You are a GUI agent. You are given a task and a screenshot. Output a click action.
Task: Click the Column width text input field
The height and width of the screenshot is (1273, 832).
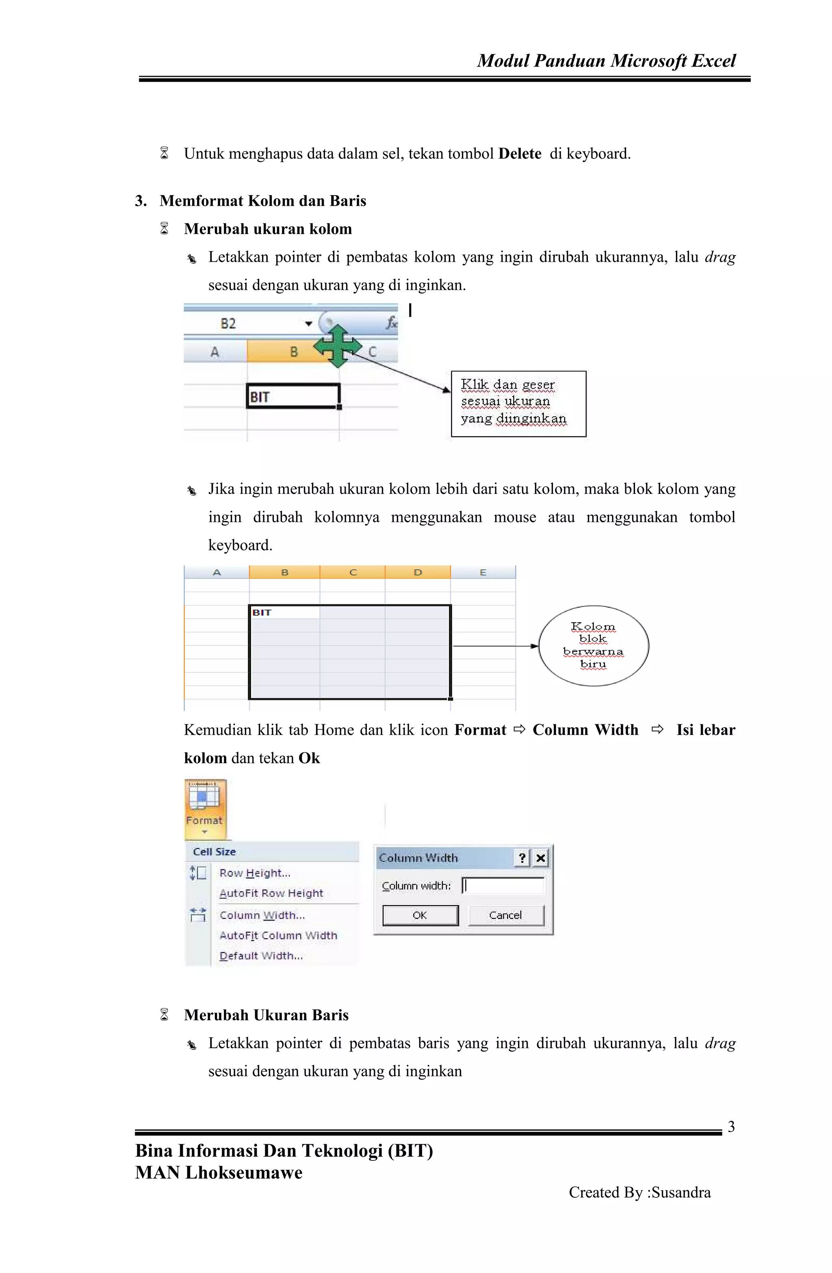[503, 885]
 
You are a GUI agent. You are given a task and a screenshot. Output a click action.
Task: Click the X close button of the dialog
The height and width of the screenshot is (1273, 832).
[541, 858]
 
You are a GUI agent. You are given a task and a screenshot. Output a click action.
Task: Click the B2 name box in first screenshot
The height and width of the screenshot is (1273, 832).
[229, 324]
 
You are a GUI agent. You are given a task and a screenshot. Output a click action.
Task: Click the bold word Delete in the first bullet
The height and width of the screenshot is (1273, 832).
[519, 154]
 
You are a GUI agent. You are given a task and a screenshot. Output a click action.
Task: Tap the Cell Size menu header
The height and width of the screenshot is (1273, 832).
[214, 852]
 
